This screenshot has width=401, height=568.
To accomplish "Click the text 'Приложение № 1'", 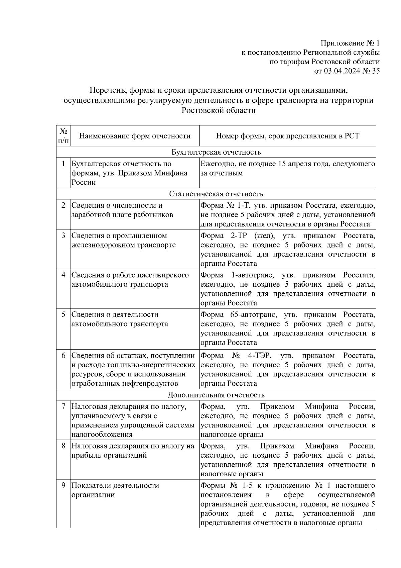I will point(350,43).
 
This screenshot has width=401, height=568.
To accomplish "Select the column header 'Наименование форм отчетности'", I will point(135,136).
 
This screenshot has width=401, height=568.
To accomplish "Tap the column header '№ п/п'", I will point(63,136).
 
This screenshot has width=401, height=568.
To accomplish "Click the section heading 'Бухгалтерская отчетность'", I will point(216,152).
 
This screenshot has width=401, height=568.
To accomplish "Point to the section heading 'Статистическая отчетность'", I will point(216,194).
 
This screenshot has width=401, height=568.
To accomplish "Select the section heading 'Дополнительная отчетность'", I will point(216,395).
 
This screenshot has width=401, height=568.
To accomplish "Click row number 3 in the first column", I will point(63,235).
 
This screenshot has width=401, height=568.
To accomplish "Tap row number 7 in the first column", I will point(63,407).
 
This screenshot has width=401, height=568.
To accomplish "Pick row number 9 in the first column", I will point(63,485).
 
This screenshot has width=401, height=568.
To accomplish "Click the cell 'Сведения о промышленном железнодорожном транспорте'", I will point(124,240).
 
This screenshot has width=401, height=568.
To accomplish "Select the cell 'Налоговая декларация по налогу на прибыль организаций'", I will point(133,451).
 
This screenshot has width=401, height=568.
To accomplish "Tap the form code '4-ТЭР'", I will point(262,355).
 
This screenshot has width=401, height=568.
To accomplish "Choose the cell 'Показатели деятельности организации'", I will point(115,490).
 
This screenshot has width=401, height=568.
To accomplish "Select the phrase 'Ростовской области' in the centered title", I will point(219,110).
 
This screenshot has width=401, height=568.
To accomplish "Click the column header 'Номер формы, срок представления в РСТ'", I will point(287,136).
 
